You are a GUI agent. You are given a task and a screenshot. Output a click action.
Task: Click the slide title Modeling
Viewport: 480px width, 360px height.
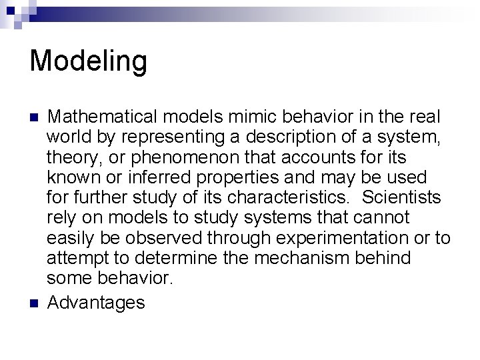(88, 61)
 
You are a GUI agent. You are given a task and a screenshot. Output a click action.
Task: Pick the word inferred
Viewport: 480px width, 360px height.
(149, 179)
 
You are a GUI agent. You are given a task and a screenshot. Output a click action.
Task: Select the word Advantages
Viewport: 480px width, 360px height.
(96, 303)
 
